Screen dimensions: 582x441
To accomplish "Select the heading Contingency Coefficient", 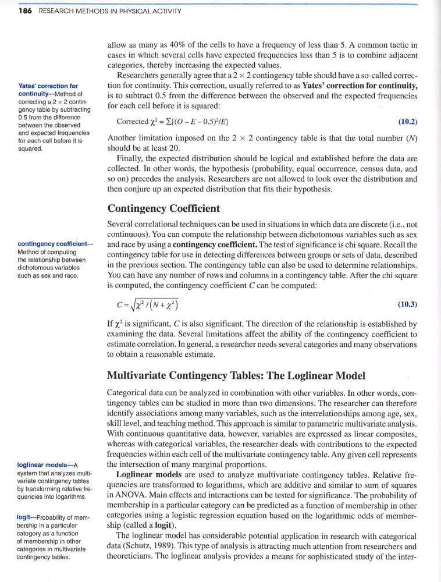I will tap(164, 208).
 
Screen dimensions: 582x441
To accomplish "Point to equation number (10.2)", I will tap(407, 122).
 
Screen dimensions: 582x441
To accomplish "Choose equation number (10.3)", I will tap(407, 304).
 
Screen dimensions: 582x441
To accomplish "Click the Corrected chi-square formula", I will tap(172, 122).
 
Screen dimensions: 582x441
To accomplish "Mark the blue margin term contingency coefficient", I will tap(54, 244).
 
